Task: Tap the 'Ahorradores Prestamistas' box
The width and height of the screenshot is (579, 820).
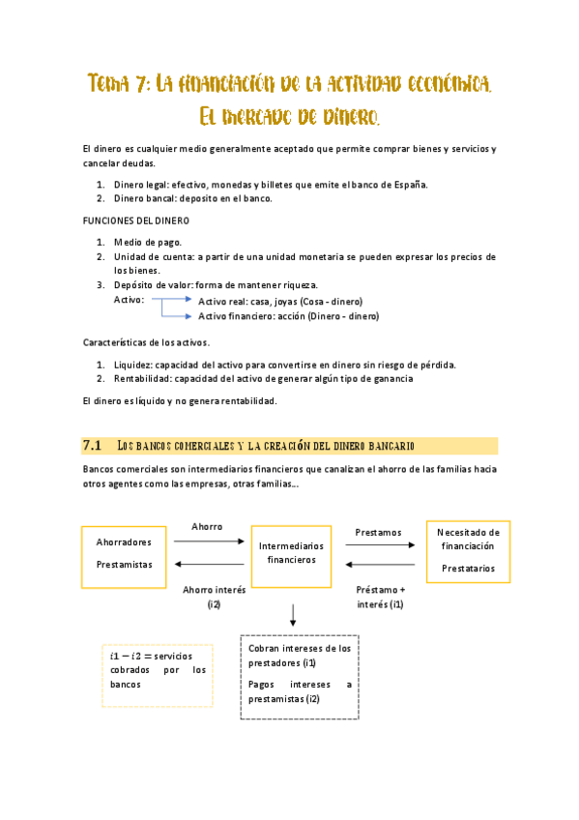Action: (124, 554)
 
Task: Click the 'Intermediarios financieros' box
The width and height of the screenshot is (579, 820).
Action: (291, 553)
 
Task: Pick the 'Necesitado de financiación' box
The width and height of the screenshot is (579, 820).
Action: (468, 550)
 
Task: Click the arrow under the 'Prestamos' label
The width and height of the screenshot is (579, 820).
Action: (379, 542)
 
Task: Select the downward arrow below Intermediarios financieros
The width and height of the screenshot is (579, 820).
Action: (292, 613)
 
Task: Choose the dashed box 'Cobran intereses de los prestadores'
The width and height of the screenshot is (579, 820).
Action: (300, 676)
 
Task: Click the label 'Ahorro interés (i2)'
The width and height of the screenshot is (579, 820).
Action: (214, 596)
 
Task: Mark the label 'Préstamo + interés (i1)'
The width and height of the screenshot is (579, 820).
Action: (381, 596)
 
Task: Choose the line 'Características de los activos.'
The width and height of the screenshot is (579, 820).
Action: (147, 342)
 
